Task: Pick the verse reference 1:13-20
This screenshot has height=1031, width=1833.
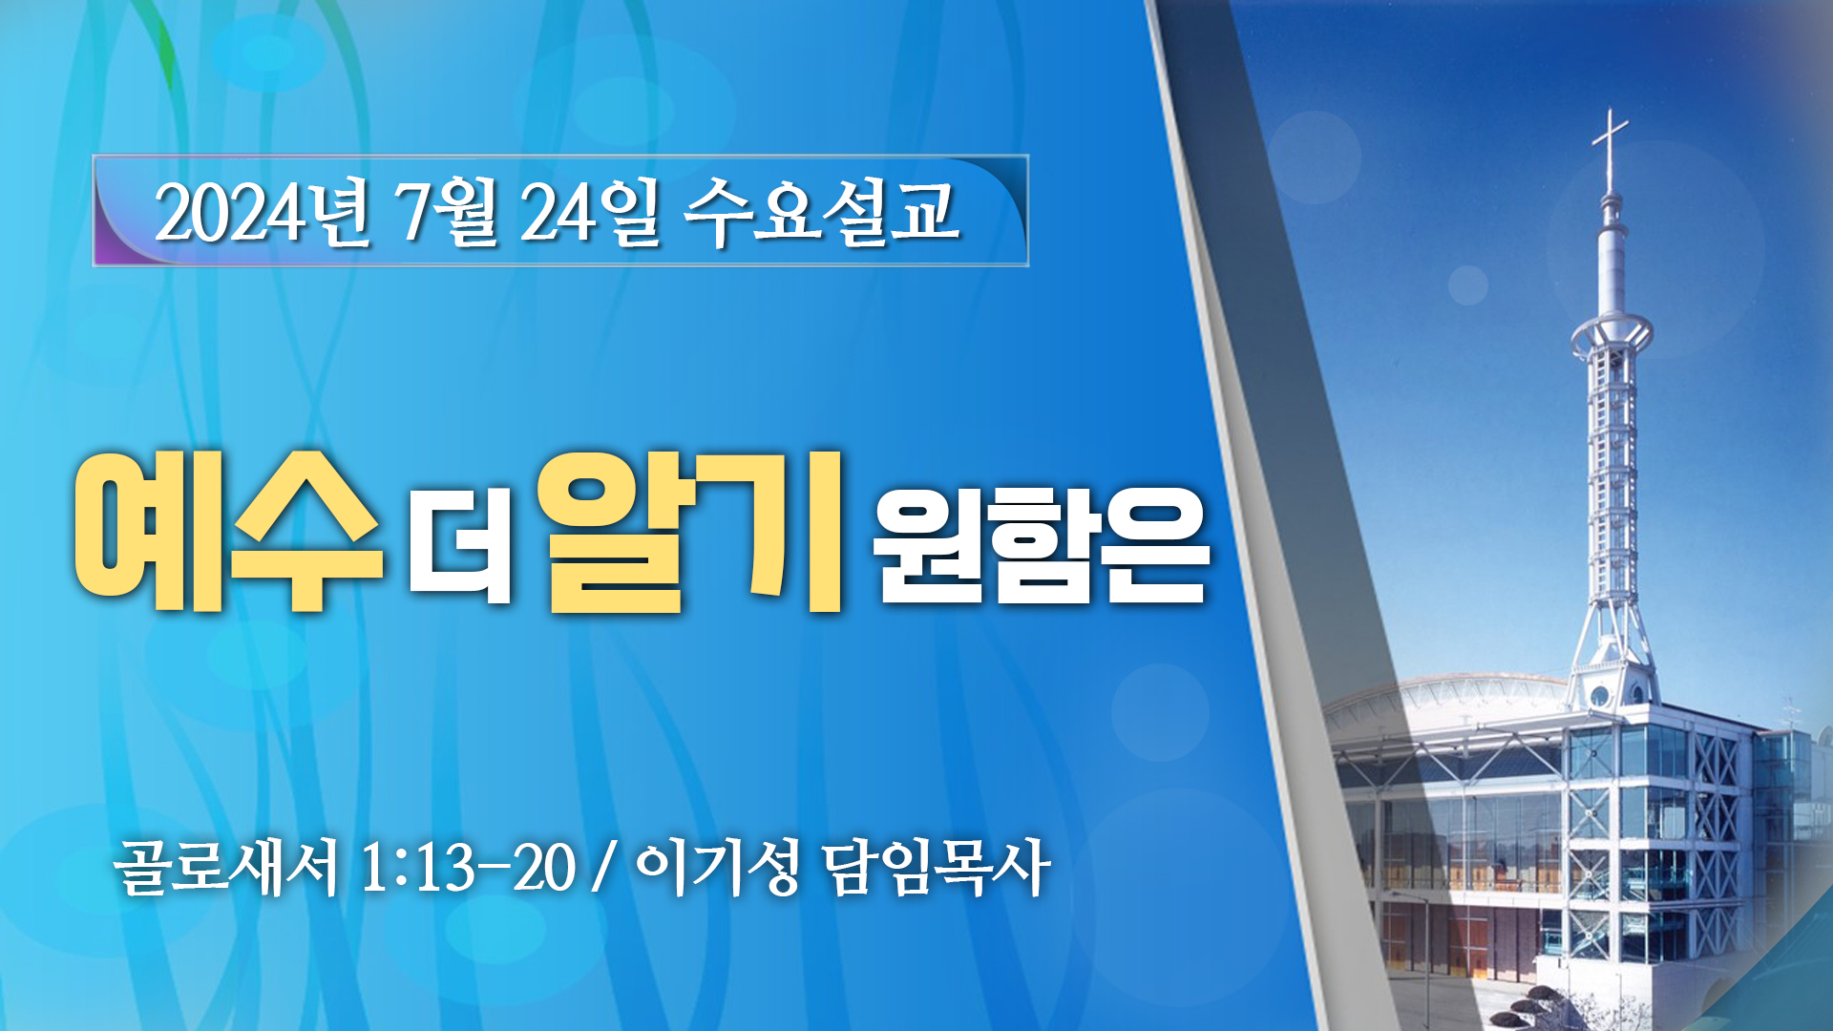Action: click(469, 869)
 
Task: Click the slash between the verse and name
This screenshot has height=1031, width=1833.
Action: click(601, 869)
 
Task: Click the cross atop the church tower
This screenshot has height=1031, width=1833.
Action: click(1611, 143)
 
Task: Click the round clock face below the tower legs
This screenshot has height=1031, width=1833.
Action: click(1599, 695)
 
